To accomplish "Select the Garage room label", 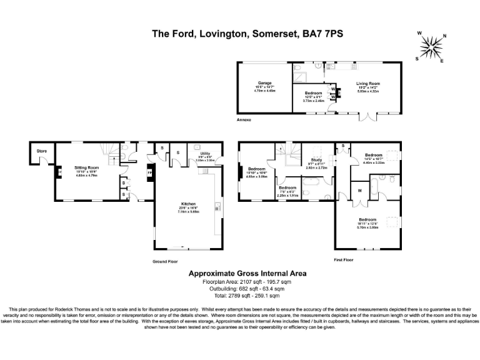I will pos(264,82).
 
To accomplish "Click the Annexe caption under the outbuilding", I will pos(244,119).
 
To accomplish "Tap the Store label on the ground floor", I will pos(41,151).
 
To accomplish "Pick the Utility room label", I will pos(204,153).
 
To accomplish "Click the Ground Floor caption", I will pos(166,261).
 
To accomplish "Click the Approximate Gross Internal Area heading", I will pos(239,274).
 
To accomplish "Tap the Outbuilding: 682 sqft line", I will pos(239,289).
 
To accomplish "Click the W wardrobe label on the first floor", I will pos(360,190).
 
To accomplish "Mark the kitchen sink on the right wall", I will pos(217,206).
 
